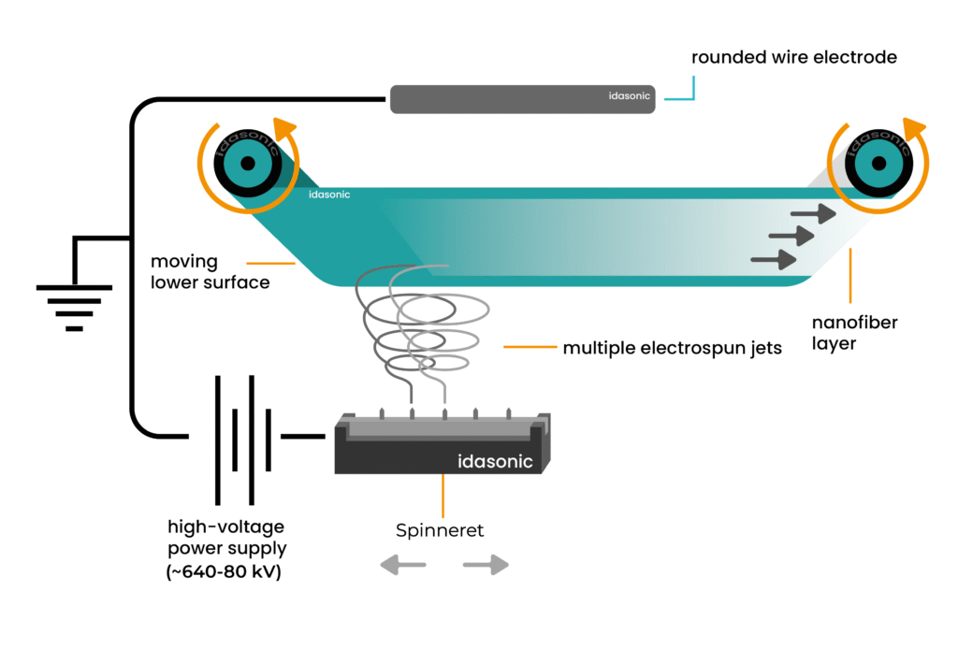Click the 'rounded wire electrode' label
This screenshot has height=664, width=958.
tap(793, 58)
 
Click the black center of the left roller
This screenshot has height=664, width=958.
tap(248, 164)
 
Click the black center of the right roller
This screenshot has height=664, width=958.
tap(877, 164)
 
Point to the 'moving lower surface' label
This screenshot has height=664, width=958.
tap(210, 271)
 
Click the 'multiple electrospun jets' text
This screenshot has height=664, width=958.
tap(672, 349)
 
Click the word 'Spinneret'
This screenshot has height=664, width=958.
tap(439, 530)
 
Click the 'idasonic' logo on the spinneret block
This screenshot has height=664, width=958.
tap(495, 461)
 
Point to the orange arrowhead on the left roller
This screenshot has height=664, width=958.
tap(283, 129)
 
